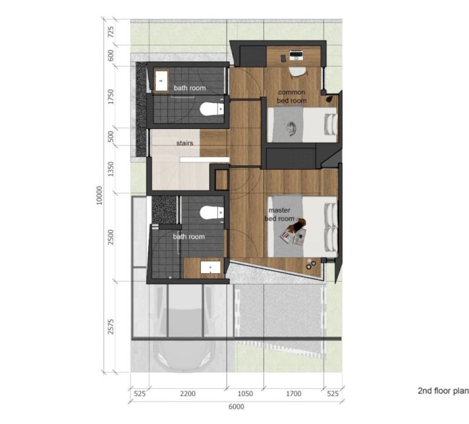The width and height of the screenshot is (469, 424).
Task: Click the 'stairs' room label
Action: click(x=185, y=143)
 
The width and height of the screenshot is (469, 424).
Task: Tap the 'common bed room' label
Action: click(x=292, y=96)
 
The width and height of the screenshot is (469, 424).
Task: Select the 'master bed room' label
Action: click(x=280, y=214)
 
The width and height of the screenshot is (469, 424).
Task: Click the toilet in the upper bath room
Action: click(x=212, y=109)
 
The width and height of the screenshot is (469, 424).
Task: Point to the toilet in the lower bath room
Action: click(x=212, y=213)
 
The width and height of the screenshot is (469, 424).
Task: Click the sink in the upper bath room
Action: click(x=161, y=81)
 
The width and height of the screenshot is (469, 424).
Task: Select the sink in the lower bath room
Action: click(x=210, y=267)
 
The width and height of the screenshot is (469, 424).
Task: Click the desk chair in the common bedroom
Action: click(x=298, y=72)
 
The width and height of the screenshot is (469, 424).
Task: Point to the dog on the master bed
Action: click(x=298, y=225)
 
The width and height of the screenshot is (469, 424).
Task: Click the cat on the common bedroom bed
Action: click(x=290, y=128)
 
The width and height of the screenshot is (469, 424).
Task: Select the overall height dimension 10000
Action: click(x=99, y=196)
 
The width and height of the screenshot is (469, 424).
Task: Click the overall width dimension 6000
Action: click(x=236, y=406)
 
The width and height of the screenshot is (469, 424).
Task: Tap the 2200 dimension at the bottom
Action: click(x=188, y=394)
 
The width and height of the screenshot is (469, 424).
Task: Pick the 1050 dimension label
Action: click(x=245, y=394)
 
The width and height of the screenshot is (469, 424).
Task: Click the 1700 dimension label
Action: click(x=294, y=394)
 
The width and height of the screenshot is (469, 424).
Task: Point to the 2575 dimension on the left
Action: click(x=111, y=326)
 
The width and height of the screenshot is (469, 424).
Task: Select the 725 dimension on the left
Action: click(x=111, y=32)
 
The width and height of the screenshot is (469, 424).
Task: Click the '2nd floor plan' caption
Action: click(x=443, y=391)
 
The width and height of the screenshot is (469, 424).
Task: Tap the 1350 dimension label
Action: click(x=111, y=169)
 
